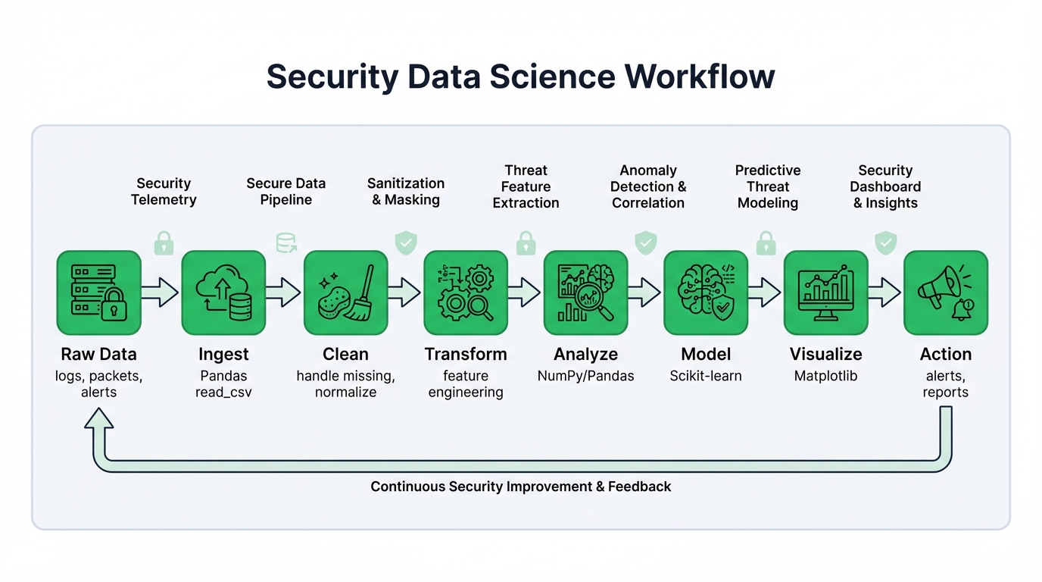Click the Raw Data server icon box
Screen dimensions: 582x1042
(x=98, y=293)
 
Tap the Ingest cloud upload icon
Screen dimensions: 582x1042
(x=223, y=293)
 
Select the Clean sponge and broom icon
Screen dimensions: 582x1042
(x=345, y=293)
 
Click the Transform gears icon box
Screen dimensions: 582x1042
(x=465, y=293)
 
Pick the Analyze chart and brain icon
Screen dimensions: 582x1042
(x=585, y=293)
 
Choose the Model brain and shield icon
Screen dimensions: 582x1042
(x=706, y=293)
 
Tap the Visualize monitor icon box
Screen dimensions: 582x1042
(x=825, y=293)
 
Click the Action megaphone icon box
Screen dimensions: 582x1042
(x=946, y=293)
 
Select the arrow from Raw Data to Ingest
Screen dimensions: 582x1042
(x=160, y=293)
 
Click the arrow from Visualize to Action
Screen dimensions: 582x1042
(x=884, y=293)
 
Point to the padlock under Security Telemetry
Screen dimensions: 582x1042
(x=164, y=243)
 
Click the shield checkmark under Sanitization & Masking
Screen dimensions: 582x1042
(x=406, y=243)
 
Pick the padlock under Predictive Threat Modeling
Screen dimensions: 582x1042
(x=766, y=243)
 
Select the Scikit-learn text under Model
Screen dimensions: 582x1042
(x=706, y=376)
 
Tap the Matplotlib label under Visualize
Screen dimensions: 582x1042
(x=825, y=376)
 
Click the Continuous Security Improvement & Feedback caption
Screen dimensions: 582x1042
(x=521, y=487)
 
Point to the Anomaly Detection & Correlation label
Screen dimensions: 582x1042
(x=648, y=186)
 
